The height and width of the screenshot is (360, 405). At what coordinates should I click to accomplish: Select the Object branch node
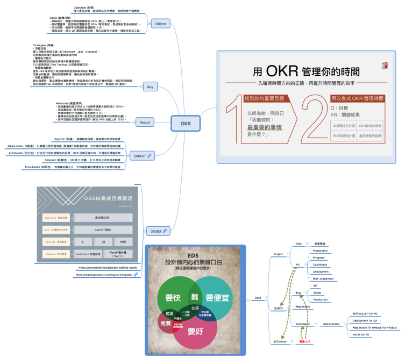160,24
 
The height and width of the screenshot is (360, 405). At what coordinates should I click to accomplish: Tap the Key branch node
150,87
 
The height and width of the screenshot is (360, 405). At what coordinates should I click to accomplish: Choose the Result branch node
145,123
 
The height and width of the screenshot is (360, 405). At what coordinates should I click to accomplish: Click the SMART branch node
141,156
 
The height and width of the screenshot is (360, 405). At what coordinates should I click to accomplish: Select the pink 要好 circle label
195,331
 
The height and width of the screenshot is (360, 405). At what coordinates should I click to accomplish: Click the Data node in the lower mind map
258,297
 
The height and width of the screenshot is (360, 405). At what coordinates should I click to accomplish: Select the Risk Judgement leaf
324,279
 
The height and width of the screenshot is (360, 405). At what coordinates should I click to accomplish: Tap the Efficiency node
280,342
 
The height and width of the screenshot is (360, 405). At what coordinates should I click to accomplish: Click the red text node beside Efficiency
305,342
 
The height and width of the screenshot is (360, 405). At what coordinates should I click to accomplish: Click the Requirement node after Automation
331,324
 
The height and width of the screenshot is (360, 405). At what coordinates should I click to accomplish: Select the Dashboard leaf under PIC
321,264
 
